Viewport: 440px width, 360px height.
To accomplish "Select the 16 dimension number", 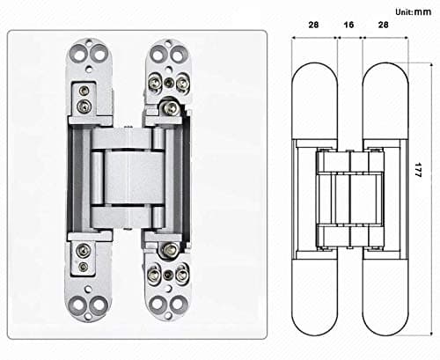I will click(x=348, y=26).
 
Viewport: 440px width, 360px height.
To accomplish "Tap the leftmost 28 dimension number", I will click(x=313, y=26).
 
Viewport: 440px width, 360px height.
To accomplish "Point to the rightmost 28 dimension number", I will click(x=382, y=26).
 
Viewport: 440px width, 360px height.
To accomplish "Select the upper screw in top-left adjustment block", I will click(x=84, y=91).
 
